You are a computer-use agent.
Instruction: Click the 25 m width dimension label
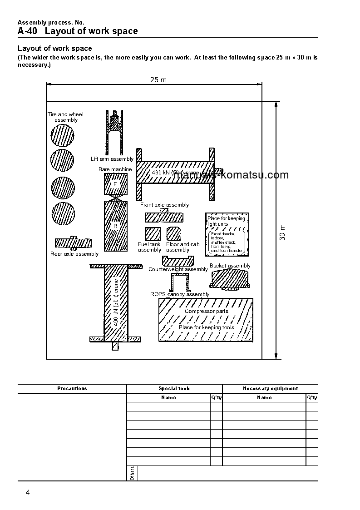[158, 80]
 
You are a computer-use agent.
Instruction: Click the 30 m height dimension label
[282, 232]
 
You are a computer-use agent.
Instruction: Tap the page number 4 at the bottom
[28, 493]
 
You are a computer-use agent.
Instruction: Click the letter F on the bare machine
[115, 184]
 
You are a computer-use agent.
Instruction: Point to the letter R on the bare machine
[115, 226]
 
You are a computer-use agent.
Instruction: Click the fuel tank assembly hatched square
[153, 233]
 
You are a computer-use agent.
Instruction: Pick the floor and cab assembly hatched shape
[174, 233]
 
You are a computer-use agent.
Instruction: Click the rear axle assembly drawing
[73, 243]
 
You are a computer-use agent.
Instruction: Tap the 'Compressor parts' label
[206, 312]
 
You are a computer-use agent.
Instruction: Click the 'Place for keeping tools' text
[206, 327]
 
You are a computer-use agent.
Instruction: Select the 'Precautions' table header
[72, 389]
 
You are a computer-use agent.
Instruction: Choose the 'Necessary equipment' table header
[270, 389]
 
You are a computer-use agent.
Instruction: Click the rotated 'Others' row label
[132, 473]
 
